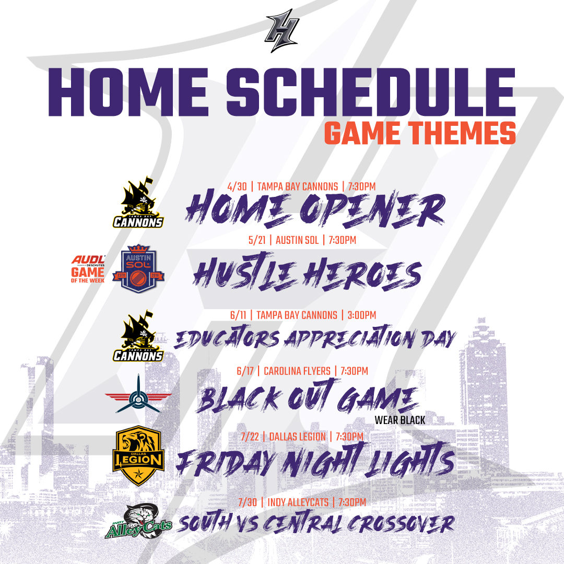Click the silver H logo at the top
(282, 31)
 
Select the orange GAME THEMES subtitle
(420, 133)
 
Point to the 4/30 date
(237, 186)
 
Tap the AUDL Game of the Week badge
(88, 269)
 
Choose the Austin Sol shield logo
(138, 269)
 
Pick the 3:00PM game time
(361, 315)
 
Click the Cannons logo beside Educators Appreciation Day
(138, 336)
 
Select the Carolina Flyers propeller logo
(138, 395)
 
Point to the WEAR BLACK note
(399, 420)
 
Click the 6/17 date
(245, 371)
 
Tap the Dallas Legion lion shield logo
(138, 456)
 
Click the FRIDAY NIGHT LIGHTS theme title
(315, 461)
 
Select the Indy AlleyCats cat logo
(138, 521)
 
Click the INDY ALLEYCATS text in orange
(298, 502)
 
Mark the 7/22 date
(250, 437)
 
